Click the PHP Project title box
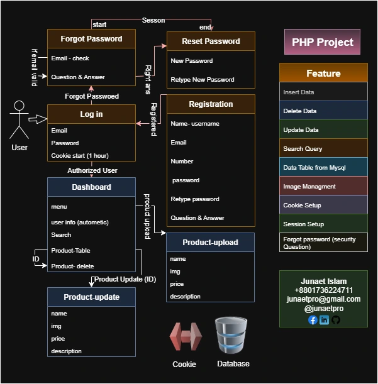click(x=322, y=42)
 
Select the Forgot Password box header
click(x=91, y=39)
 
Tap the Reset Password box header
click(x=211, y=41)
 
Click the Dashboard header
click(x=91, y=187)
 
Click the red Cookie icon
click(x=185, y=337)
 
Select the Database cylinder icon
click(x=232, y=336)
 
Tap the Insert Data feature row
click(x=323, y=92)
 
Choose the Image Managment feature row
click(x=323, y=187)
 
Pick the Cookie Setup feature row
click(x=323, y=206)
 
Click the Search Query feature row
click(x=323, y=149)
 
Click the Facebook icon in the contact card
click(x=313, y=320)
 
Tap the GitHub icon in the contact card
click(x=335, y=320)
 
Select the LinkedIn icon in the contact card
click(x=324, y=320)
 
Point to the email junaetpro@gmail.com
click(x=323, y=299)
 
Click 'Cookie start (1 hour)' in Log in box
click(x=80, y=156)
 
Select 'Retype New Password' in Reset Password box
click(x=202, y=80)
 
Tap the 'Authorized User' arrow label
click(x=92, y=170)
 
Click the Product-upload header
click(x=211, y=243)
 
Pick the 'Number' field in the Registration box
click(x=182, y=162)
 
